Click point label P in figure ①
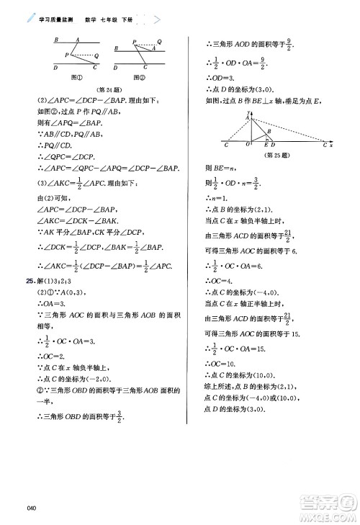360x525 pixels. tap(66, 55)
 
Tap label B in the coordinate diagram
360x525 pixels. tap(269, 131)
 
